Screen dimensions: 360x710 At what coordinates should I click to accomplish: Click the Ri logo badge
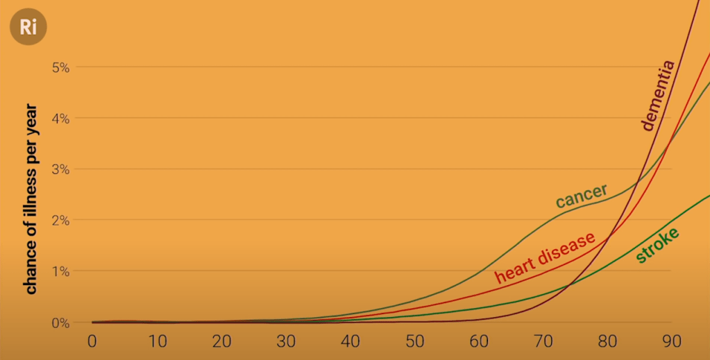28,28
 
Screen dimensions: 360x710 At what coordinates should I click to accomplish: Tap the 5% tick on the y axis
61,67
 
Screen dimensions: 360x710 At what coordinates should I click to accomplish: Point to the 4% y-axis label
61,119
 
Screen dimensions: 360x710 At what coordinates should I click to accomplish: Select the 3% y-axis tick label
61,169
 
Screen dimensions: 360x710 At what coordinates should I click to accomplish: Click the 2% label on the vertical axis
61,221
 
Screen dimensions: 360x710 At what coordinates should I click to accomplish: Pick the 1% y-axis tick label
61,271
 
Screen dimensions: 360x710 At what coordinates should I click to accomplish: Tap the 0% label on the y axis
61,323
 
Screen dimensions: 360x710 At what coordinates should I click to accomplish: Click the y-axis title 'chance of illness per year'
31,200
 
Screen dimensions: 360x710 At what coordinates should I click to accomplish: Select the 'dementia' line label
657,96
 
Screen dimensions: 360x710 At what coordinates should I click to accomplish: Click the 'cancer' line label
582,196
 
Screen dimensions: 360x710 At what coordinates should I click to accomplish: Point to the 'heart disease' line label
545,257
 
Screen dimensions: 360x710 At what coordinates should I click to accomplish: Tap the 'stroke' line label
656,245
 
